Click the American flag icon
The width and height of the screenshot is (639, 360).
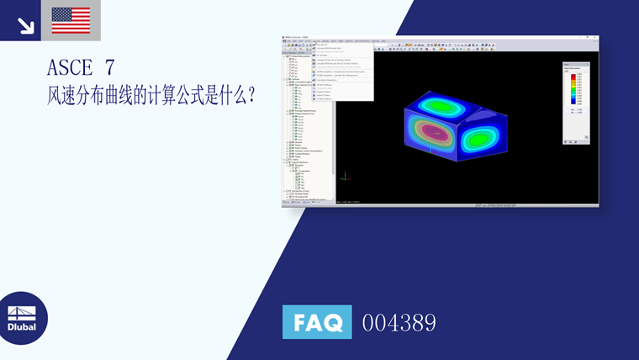71,20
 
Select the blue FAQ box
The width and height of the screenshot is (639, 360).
317,322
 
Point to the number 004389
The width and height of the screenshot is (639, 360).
399,322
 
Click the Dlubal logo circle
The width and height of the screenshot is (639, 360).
23,319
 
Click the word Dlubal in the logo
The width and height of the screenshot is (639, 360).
23,327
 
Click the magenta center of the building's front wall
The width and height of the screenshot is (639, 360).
433,132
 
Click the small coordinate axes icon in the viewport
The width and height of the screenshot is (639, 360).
345,176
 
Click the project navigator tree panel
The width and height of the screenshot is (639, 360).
308,126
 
